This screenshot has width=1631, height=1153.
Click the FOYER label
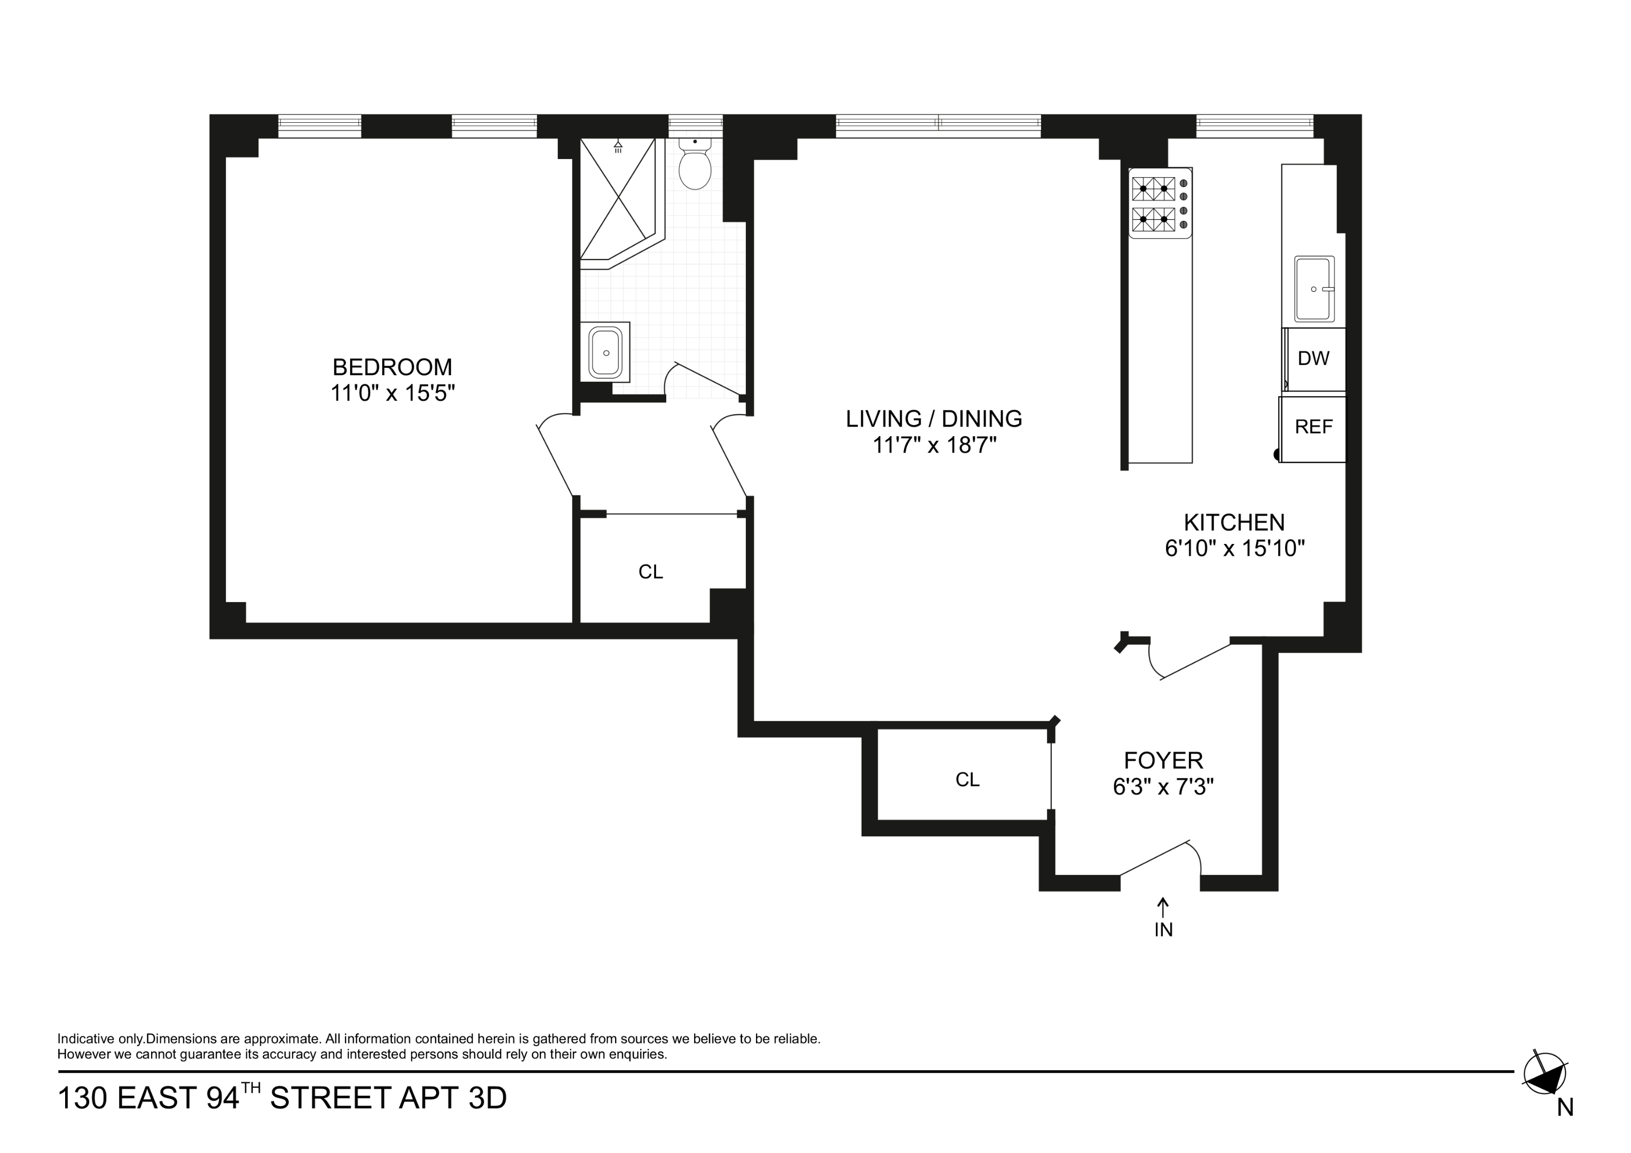pyautogui.click(x=1163, y=761)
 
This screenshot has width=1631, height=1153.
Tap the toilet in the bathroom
pyautogui.click(x=695, y=165)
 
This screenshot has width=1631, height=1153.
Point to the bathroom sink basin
pyautogui.click(x=605, y=352)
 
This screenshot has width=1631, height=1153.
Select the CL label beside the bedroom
pyautogui.click(x=651, y=572)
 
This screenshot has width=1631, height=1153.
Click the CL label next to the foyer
pyautogui.click(x=967, y=780)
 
